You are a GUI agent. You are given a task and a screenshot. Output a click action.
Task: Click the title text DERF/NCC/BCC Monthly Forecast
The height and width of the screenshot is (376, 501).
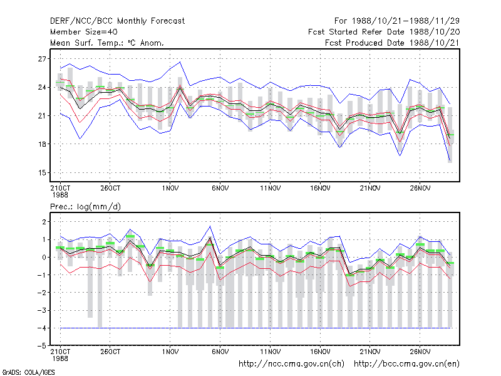(x=117, y=21)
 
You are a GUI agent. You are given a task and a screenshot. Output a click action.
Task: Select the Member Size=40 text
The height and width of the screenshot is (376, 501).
(x=84, y=32)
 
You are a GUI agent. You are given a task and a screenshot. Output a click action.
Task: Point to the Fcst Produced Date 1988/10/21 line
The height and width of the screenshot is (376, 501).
(x=392, y=43)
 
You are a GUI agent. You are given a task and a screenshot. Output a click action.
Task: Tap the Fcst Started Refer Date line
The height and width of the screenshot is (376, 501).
(x=384, y=32)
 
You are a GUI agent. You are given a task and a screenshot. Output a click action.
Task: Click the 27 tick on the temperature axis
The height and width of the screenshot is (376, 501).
(x=42, y=59)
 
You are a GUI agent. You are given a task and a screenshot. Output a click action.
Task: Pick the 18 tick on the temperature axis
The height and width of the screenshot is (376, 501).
(x=42, y=144)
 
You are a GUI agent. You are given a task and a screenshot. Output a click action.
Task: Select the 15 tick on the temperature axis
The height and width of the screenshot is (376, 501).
(x=42, y=173)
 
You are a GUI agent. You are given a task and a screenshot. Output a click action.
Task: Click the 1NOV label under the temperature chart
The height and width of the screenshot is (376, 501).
(x=170, y=189)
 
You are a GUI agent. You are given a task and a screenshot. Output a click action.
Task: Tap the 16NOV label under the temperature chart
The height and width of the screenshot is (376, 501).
(x=320, y=189)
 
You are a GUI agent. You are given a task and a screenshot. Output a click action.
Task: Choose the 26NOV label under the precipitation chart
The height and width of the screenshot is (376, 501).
(x=420, y=352)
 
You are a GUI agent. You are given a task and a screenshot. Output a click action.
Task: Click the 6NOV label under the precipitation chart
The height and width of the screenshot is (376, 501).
(x=220, y=352)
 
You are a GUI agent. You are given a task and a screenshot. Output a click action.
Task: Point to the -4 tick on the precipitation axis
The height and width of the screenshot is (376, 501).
(x=41, y=328)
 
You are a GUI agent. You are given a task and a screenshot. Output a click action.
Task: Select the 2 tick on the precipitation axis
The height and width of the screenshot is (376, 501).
(x=44, y=222)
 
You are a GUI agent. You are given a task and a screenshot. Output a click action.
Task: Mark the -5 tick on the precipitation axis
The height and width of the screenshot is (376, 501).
(x=41, y=346)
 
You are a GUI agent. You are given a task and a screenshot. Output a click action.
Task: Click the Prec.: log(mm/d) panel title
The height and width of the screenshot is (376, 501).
(x=85, y=207)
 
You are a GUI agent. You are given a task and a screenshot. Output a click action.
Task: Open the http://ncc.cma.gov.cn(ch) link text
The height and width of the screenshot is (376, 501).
(x=291, y=364)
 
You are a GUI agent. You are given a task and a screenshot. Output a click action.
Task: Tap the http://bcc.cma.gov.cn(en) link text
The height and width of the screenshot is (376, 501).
(x=406, y=364)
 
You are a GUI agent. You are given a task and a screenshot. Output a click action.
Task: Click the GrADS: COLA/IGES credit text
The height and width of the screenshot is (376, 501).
(x=28, y=372)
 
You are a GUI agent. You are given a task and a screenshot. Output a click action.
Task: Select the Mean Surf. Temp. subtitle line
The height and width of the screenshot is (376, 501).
(x=107, y=43)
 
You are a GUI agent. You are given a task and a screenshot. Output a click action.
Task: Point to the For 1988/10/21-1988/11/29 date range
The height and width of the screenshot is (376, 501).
(x=397, y=21)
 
